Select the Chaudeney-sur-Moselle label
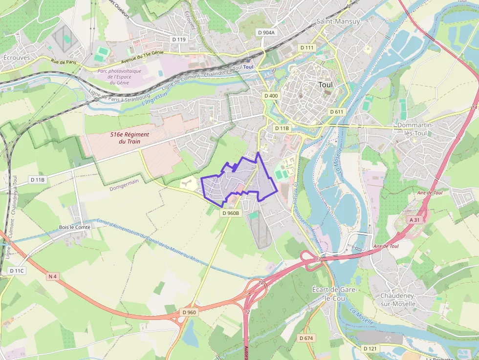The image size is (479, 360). point(398,300)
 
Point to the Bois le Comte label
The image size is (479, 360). point(75,227)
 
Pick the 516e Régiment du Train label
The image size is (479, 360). point(130,138)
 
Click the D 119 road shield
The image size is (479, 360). point(179,39)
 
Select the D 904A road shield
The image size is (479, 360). point(266,32)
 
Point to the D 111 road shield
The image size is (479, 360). point(306,47)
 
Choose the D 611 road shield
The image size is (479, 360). point(336,112)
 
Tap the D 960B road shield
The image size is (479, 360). point(231,213)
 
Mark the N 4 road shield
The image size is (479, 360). point(53,276)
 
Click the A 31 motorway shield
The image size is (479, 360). point(414,220)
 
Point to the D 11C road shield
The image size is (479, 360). point(17,270)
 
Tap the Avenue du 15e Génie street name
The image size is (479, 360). point(142,58)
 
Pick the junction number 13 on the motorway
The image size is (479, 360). point(318,258)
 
